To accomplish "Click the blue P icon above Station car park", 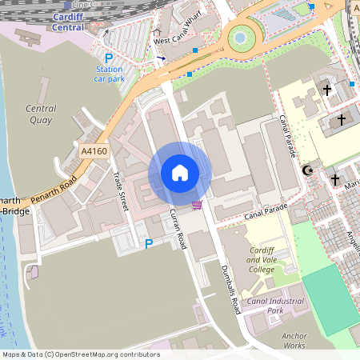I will point(109,58).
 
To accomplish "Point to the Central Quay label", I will point(41,114).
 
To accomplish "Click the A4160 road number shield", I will point(94,150).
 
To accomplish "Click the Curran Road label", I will point(178,228).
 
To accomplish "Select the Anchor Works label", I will point(294,341).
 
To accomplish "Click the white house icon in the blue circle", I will point(180,173).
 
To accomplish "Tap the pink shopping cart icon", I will point(197,206).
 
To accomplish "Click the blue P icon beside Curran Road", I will point(148,243).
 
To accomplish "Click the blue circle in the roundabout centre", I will point(239,38).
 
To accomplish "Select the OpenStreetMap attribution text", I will point(80,354).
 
